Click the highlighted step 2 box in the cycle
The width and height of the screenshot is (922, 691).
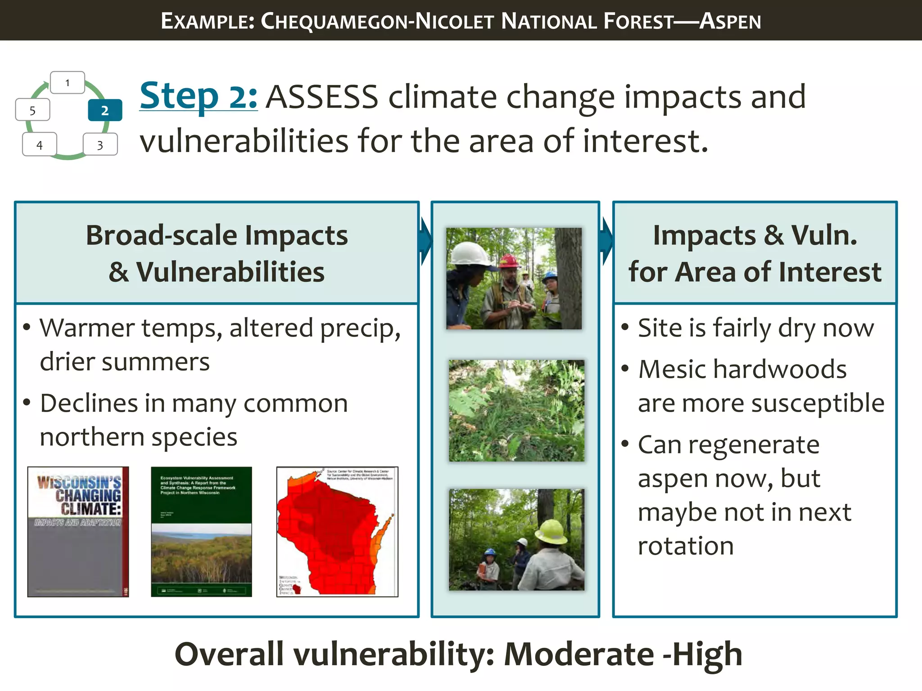pyautogui.click(x=105, y=110)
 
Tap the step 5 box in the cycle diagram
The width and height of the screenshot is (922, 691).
pyautogui.click(x=32, y=110)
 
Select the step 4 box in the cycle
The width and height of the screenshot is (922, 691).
pyautogui.click(x=40, y=145)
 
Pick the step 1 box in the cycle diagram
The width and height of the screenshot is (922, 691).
pyautogui.click(x=68, y=83)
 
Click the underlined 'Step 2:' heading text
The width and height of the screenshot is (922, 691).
pyautogui.click(x=199, y=96)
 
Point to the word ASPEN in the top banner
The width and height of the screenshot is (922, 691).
pyautogui.click(x=730, y=21)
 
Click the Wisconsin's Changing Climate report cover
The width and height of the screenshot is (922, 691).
pyautogui.click(x=78, y=532)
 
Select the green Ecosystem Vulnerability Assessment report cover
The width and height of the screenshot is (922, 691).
pyautogui.click(x=201, y=532)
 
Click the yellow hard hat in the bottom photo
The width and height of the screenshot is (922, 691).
pyautogui.click(x=551, y=531)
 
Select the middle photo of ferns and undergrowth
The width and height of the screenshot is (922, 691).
pyautogui.click(x=516, y=410)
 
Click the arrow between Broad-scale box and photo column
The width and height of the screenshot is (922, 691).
pyautogui.click(x=425, y=242)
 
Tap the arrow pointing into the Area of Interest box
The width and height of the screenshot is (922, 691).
pyautogui.click(x=607, y=242)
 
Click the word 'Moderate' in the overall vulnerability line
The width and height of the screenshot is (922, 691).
pyautogui.click(x=579, y=654)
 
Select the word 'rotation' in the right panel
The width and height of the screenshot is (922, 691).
pyautogui.click(x=686, y=546)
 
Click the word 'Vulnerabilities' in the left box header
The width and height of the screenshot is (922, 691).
pyautogui.click(x=230, y=272)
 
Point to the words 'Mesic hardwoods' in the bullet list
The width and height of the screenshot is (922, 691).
pyautogui.click(x=742, y=369)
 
